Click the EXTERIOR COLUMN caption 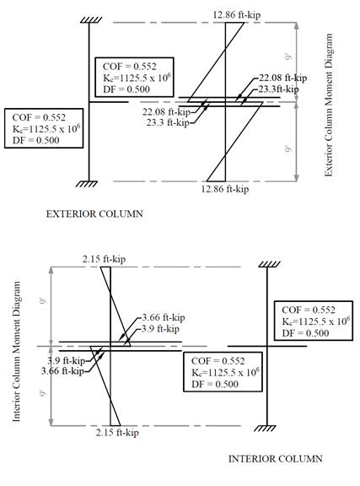pyautogui.click(x=94, y=213)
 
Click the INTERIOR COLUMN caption pyautogui.click(x=276, y=458)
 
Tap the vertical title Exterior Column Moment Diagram pyautogui.click(x=329, y=105)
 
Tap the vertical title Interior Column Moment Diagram pyautogui.click(x=16, y=351)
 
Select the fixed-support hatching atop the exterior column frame pyautogui.click(x=91, y=20)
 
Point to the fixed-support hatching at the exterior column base pyautogui.click(x=87, y=184)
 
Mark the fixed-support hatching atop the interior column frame pyautogui.click(x=269, y=264)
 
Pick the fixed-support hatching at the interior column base pyautogui.click(x=265, y=428)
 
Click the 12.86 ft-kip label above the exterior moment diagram pyautogui.click(x=237, y=14)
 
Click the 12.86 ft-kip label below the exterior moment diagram pyautogui.click(x=225, y=188)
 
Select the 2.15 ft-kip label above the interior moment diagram pyautogui.click(x=104, y=259)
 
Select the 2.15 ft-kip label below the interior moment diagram pyautogui.click(x=117, y=432)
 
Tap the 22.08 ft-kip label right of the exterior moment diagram pyautogui.click(x=283, y=78)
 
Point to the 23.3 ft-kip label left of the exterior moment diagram pyautogui.click(x=168, y=122)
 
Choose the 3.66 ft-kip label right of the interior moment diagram pyautogui.click(x=164, y=317)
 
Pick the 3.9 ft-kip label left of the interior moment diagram pyautogui.click(x=67, y=360)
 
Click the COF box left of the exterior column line pyautogui.click(x=44, y=128)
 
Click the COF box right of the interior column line pyautogui.click(x=314, y=321)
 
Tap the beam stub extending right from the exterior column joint pyautogui.click(x=109, y=102)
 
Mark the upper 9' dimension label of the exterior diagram pyautogui.click(x=288, y=57)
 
